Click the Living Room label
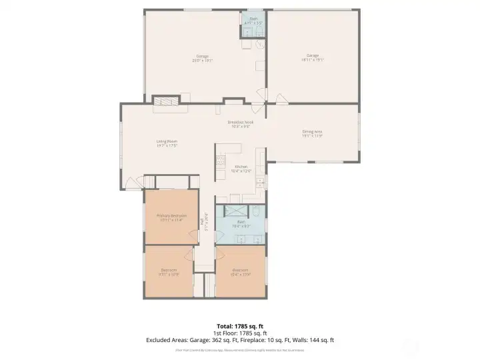[167, 143]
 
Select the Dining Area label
[312, 133]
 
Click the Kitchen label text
[241, 168]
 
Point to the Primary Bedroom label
[171, 217]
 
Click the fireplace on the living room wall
[165, 101]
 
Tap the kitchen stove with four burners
[219, 161]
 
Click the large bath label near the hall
[241, 223]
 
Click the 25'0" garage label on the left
[201, 57]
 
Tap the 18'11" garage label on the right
[312, 57]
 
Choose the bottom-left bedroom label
[168, 271]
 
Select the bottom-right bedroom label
[241, 271]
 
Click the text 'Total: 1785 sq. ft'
[240, 326]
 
